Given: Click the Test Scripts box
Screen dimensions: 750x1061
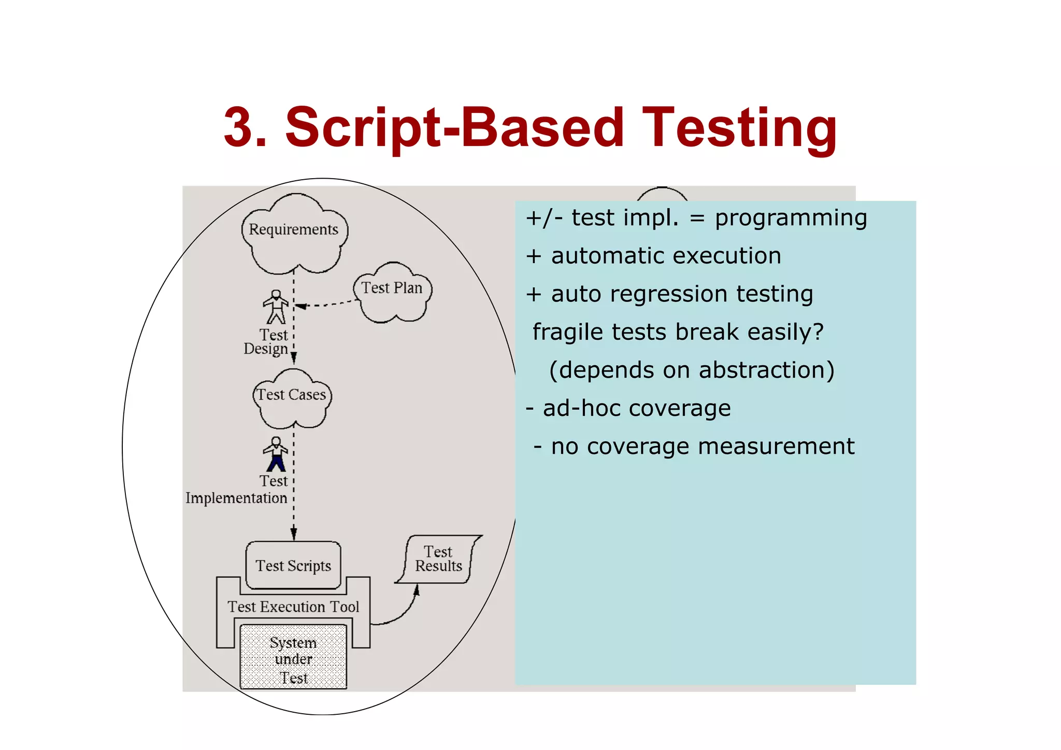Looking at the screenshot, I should pyautogui.click(x=293, y=566).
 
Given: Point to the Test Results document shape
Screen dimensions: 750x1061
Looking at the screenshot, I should pyautogui.click(x=438, y=559).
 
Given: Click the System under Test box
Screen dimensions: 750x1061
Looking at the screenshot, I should pyautogui.click(x=293, y=658).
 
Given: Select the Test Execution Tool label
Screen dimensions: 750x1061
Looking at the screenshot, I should pyautogui.click(x=293, y=607).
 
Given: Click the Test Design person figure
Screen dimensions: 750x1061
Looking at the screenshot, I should pyautogui.click(x=276, y=307).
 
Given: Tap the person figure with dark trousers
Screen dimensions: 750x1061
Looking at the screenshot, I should pyautogui.click(x=276, y=454).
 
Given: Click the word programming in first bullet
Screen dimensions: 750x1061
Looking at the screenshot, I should pyautogui.click(x=791, y=218).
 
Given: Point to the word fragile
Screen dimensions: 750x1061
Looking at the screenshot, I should pyautogui.click(x=568, y=332).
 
